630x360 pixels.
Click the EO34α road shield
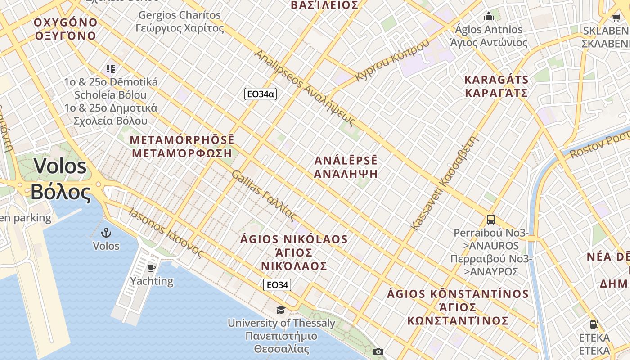260,94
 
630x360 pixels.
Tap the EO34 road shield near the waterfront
277,285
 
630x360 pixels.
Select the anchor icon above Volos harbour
106,233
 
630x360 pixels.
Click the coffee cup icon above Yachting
152,268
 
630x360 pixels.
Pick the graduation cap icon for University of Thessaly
281,310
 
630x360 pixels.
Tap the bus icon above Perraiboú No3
490,220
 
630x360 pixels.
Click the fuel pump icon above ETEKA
594,324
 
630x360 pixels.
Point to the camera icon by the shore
378,351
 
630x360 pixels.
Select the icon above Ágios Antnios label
489,17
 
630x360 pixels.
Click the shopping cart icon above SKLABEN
616,18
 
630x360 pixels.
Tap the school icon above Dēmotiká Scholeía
111,69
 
